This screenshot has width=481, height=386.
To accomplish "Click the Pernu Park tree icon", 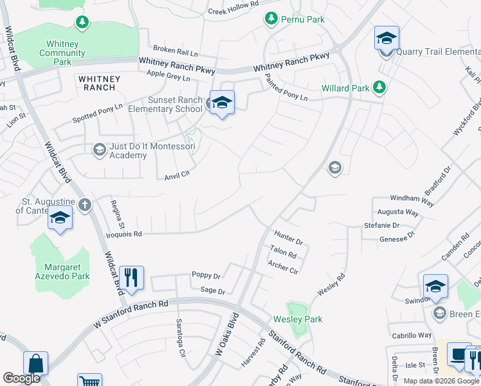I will tap(272, 19).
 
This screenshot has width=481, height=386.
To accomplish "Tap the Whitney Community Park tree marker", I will tap(82, 23).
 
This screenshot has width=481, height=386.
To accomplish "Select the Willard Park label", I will tap(345, 88).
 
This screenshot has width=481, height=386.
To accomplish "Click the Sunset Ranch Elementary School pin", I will tap(222, 103).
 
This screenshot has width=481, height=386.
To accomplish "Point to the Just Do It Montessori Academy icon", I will tap(99, 150).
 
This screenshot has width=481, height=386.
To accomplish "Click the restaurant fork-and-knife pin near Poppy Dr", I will tap(131, 279).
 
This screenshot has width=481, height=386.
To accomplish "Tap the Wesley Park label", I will tap(298, 319).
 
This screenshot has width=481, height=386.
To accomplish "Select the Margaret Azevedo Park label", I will tap(62, 271).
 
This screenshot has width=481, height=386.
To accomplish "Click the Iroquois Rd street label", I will tap(124, 235).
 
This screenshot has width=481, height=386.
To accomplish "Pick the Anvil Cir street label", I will tap(177, 174).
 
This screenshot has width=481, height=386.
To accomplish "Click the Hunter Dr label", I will tap(288, 239).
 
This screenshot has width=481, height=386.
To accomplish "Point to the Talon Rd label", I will tap(283, 253).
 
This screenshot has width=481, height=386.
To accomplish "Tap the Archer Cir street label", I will tap(283, 267).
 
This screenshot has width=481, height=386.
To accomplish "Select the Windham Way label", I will tap(412, 200).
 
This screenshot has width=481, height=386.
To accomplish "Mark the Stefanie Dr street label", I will tap(382, 226).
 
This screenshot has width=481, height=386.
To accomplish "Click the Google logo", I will tap(21, 378).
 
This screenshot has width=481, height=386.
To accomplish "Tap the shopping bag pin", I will tap(36, 363).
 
